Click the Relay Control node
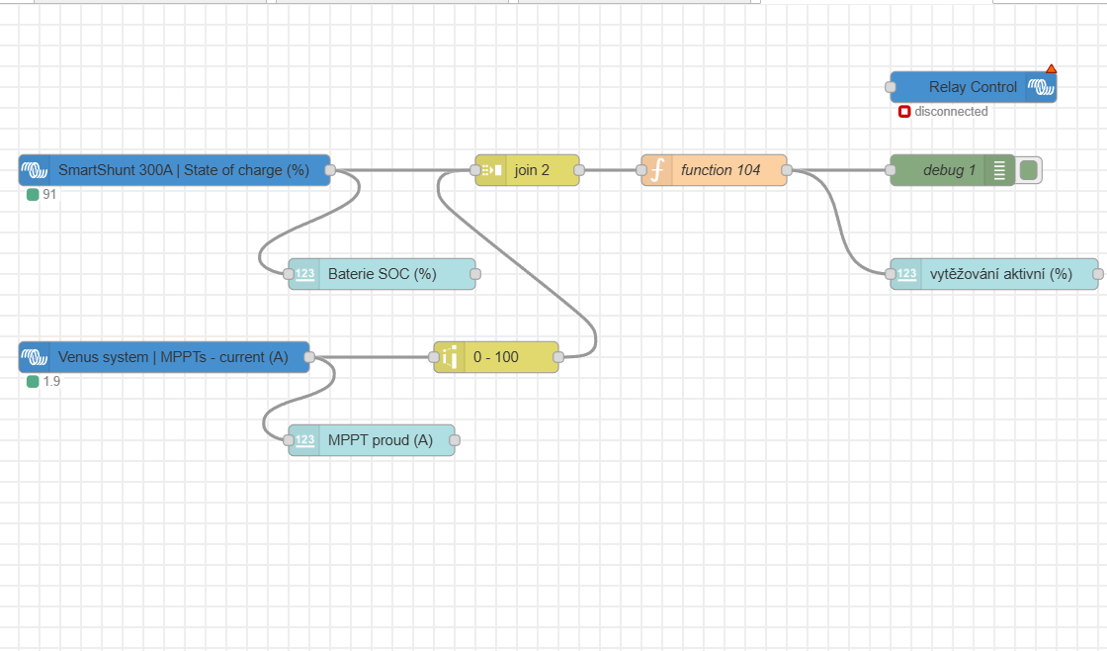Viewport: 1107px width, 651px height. (x=973, y=87)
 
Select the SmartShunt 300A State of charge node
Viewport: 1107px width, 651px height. (x=183, y=170)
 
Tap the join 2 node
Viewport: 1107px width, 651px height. (x=532, y=170)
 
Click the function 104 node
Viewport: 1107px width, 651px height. (x=721, y=170)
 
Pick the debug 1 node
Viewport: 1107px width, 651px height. (x=949, y=170)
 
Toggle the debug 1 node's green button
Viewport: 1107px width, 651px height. (x=1029, y=170)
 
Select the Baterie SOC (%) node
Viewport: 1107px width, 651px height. (x=382, y=274)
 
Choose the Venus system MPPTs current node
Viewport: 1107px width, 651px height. (x=173, y=357)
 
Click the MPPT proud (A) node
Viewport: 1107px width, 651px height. (x=380, y=440)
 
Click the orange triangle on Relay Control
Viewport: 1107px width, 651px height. (x=1051, y=68)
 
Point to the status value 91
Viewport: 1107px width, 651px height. (x=49, y=195)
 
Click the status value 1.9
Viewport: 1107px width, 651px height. (x=51, y=381)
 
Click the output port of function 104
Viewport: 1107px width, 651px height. (x=787, y=170)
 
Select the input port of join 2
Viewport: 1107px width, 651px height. (x=475, y=170)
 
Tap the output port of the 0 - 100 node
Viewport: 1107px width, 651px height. (x=558, y=357)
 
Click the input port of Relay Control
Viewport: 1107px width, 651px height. (x=891, y=87)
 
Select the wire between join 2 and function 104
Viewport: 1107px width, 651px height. (x=610, y=170)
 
